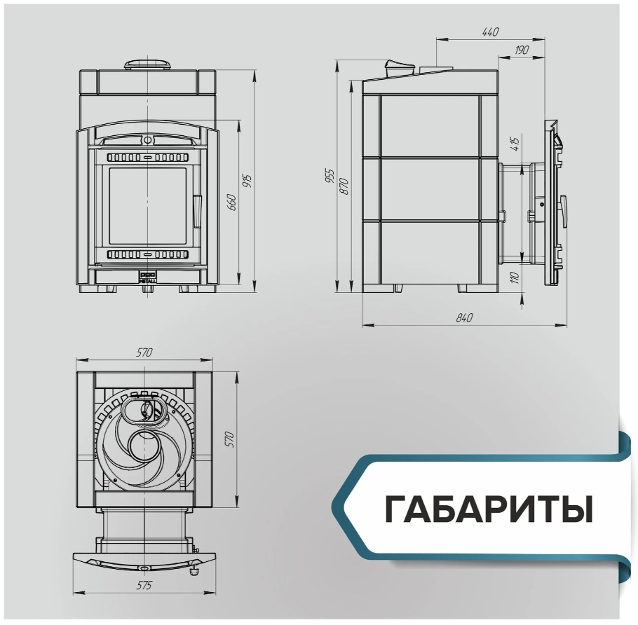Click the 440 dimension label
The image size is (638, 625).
click(490, 32)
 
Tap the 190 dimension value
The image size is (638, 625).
click(522, 50)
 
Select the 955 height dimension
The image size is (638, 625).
click(330, 176)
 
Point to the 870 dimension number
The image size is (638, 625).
click(344, 186)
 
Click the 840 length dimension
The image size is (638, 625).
click(464, 317)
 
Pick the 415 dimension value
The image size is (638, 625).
click(515, 144)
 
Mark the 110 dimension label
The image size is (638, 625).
click(515, 277)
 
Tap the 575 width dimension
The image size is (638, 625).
click(144, 585)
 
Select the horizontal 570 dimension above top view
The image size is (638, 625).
click(144, 352)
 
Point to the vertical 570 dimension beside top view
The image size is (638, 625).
click(230, 439)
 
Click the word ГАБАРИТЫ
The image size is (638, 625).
click(489, 509)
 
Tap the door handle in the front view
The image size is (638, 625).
click(197, 211)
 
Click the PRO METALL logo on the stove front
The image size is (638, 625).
click(146, 277)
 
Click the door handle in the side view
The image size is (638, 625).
click(563, 212)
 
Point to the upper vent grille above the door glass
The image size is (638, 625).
click(148, 157)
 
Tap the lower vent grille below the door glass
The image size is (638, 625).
click(148, 254)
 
